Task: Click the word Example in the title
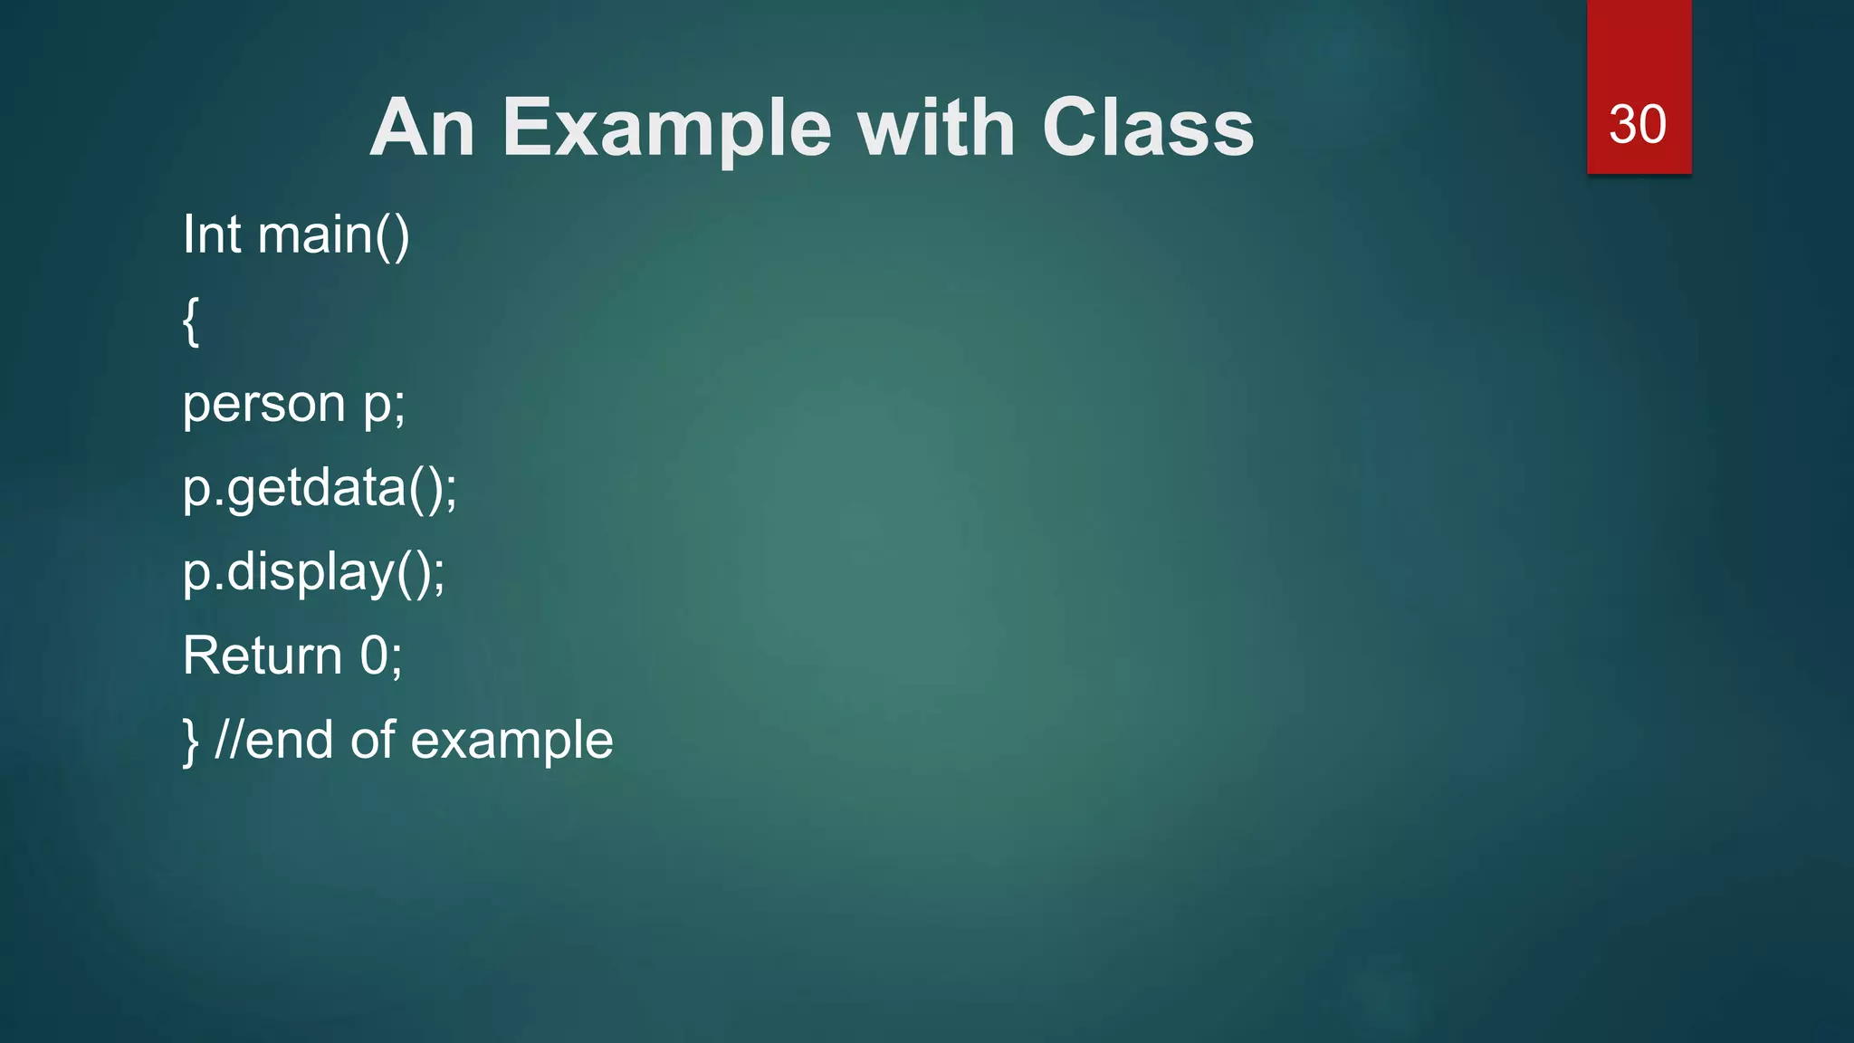[x=665, y=129]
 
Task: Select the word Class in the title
[x=1147, y=129]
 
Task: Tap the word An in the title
[x=422, y=129]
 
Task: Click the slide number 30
[x=1637, y=125]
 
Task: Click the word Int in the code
[x=212, y=234]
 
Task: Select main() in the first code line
[x=333, y=234]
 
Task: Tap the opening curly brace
[x=190, y=321]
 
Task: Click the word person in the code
[x=263, y=404]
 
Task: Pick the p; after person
[x=385, y=404]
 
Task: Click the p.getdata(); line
[x=320, y=489]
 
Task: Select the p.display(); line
[x=313, y=572]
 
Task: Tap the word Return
[x=263, y=655]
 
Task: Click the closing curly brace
[x=190, y=742]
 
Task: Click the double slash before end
[x=229, y=740]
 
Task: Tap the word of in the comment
[x=372, y=740]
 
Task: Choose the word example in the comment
[x=511, y=742]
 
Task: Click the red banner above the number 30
[x=1639, y=45]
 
